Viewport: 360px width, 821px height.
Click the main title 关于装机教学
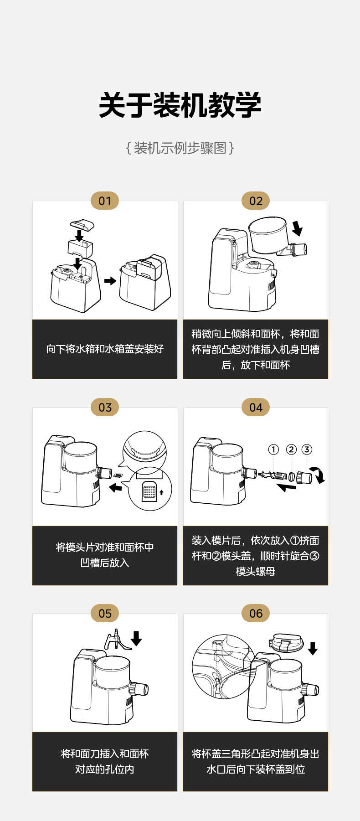[180, 105]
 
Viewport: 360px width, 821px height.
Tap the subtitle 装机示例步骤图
[180, 148]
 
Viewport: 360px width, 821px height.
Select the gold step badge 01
[105, 201]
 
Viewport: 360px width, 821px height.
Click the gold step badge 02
[256, 201]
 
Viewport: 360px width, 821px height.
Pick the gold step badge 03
[105, 408]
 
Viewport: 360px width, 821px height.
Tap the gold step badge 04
[256, 408]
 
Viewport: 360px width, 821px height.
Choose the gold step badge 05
[105, 614]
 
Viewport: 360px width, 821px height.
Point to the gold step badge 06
[256, 614]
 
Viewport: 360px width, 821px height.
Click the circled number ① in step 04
[273, 449]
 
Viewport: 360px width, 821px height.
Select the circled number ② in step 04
[291, 449]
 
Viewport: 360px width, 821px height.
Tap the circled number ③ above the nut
[307, 449]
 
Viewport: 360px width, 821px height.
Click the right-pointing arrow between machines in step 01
[110, 281]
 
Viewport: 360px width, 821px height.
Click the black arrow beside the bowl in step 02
[297, 228]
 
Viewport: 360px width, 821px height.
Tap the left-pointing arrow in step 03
[116, 488]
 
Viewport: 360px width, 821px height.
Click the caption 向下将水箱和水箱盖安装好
[105, 349]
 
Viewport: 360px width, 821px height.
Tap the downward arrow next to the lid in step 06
[313, 648]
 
